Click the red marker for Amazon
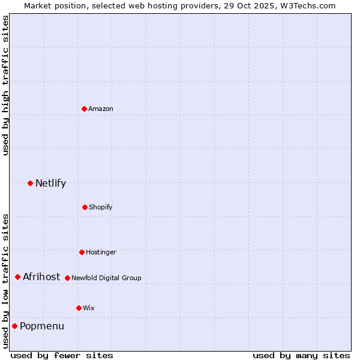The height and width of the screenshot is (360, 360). [84, 109]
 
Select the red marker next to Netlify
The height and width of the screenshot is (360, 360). [30, 183]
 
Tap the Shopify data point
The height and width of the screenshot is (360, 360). [85, 207]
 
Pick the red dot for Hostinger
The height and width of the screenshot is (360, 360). [82, 252]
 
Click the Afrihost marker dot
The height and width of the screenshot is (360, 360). [17, 277]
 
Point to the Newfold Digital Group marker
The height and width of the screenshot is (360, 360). [67, 278]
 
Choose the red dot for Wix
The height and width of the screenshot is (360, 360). [79, 308]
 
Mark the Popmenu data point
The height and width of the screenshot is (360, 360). [14, 326]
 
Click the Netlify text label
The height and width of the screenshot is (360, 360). [50, 184]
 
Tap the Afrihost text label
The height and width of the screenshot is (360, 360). [41, 277]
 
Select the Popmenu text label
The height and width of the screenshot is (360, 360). [42, 326]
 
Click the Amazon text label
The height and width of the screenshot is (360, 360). [101, 109]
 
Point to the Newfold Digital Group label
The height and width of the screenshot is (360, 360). [106, 278]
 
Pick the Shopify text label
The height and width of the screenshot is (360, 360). [101, 208]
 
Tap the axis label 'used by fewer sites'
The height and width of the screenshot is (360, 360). [62, 355]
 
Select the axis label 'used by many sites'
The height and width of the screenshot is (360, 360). [301, 355]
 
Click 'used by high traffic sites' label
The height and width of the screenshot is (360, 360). [5, 85]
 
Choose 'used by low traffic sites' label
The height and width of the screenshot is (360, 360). [5, 280]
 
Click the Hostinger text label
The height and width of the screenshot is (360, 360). [101, 253]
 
